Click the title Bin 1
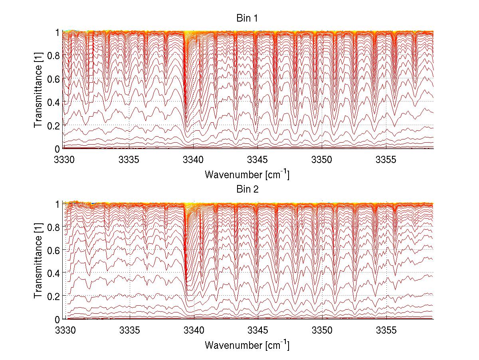(x=247, y=18)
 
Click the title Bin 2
(x=247, y=189)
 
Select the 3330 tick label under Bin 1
(x=65, y=160)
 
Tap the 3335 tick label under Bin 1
(x=129, y=160)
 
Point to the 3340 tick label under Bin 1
(x=194, y=160)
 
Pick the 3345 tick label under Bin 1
(x=258, y=160)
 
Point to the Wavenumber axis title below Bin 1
(x=247, y=174)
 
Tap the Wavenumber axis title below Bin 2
(x=247, y=345)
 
